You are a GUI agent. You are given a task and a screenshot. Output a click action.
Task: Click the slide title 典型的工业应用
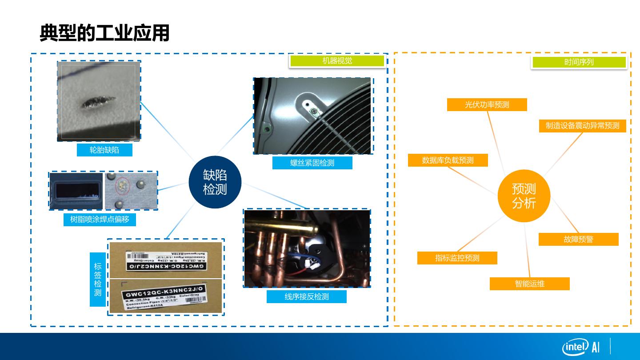(104, 33)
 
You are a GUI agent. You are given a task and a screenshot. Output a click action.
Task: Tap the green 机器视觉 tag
(337, 61)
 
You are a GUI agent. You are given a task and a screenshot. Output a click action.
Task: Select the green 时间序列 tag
(579, 62)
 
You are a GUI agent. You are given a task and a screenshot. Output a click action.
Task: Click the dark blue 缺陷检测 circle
(215, 182)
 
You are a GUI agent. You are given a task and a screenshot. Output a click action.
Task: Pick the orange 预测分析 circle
(524, 196)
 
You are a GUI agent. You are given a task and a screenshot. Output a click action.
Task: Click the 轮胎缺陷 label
(104, 150)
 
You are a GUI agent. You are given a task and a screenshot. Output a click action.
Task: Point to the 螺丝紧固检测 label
(312, 163)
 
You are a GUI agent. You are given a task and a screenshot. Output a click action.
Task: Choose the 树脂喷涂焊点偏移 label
(100, 220)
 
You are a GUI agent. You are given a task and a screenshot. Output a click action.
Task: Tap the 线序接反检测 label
(306, 296)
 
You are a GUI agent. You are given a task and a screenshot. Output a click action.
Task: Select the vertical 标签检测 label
(98, 280)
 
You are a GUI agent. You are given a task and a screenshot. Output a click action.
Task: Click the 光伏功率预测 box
(487, 105)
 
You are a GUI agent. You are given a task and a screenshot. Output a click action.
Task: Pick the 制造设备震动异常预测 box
(582, 126)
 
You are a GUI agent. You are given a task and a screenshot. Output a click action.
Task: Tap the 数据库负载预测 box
(448, 160)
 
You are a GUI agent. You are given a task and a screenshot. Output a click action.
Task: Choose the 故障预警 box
(578, 240)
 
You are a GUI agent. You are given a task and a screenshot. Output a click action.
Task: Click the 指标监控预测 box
(457, 258)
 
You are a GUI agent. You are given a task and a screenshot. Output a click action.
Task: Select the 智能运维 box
(529, 284)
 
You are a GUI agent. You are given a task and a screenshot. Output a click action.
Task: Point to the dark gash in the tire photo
(98, 103)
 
